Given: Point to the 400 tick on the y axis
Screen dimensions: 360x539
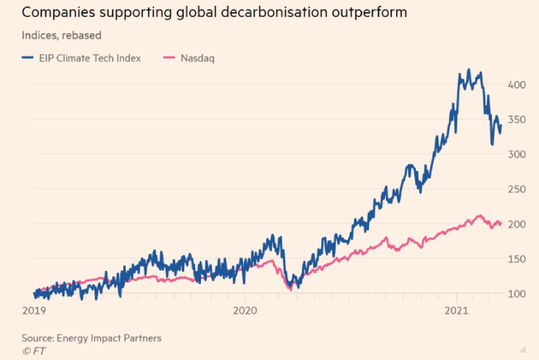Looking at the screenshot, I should pos(516,85).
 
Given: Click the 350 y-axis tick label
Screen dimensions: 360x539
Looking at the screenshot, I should pos(516,120).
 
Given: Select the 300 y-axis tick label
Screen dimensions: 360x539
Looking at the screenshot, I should pos(516,155).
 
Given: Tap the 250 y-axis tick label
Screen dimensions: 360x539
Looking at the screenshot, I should pos(516,189).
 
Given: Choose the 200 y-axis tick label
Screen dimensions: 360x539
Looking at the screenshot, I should pos(516,224).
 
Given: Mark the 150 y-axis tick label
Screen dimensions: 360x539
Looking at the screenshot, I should pos(516,259).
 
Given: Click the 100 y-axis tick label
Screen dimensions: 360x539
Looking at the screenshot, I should pos(516,294).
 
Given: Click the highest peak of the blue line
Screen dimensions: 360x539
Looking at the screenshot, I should pos(467,70).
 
